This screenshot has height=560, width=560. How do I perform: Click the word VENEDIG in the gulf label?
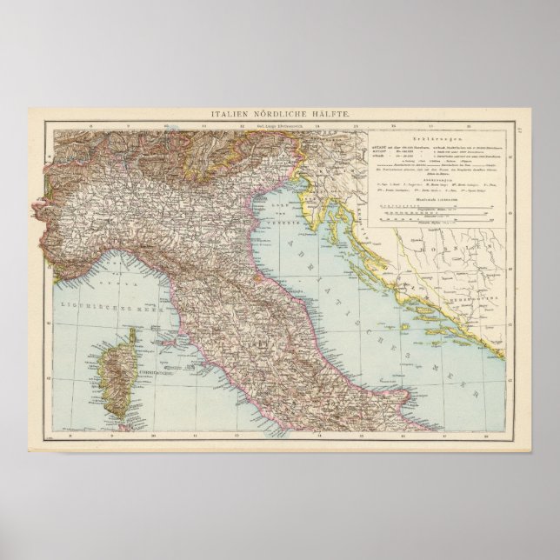coord(290,222)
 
